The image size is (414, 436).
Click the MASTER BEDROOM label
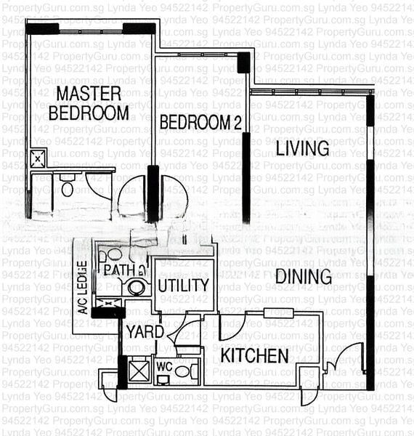click(x=89, y=103)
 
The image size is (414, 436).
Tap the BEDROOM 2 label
click(x=200, y=122)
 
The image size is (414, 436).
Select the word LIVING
click(x=302, y=148)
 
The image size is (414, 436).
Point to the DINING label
click(x=303, y=276)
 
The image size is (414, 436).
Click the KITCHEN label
click(x=254, y=355)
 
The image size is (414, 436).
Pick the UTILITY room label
click(x=184, y=285)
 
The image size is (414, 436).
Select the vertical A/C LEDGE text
click(x=83, y=288)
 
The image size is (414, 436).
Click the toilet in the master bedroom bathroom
click(x=68, y=188)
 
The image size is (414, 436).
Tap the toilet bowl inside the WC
click(x=182, y=371)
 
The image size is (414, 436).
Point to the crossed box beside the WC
click(x=137, y=370)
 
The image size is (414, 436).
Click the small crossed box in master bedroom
click(x=38, y=158)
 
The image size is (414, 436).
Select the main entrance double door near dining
click(x=344, y=361)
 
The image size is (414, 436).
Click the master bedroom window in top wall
click(x=91, y=30)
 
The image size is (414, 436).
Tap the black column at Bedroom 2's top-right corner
click(x=243, y=62)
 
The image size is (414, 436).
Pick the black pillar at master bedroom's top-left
click(x=42, y=29)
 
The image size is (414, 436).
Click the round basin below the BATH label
click(x=136, y=288)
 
